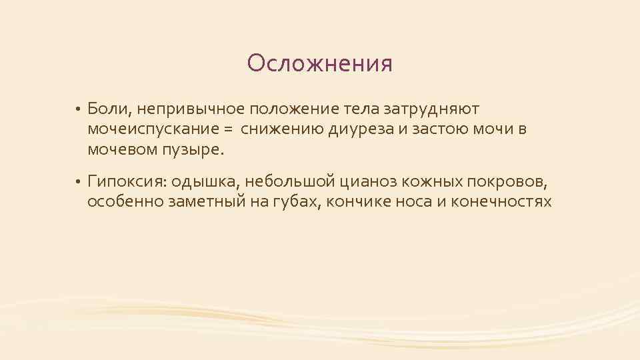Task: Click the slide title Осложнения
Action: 319,64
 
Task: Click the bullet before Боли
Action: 77,109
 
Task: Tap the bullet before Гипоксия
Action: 77,181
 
